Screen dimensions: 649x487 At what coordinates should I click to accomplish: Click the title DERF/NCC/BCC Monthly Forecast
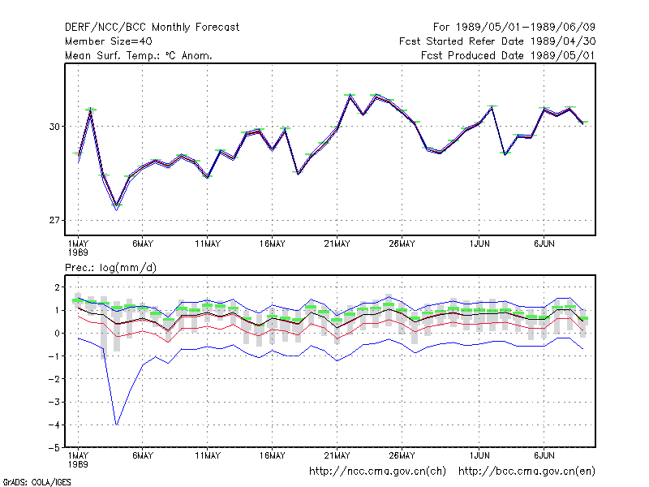(152, 28)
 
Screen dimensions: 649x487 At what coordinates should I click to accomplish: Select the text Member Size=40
(109, 41)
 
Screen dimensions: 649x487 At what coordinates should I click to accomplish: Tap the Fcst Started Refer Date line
(497, 41)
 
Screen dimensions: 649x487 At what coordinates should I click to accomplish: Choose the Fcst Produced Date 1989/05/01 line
(508, 55)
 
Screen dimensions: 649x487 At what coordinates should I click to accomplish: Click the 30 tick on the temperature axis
(54, 127)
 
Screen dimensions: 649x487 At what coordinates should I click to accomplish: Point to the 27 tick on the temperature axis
(54, 220)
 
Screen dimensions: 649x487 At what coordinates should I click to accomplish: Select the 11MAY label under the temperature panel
(208, 244)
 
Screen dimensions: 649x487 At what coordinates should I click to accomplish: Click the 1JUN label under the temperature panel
(479, 244)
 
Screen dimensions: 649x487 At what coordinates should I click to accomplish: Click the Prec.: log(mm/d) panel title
(110, 268)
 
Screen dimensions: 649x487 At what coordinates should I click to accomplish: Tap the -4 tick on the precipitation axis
(54, 425)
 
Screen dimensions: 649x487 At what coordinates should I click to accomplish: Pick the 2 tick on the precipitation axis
(57, 287)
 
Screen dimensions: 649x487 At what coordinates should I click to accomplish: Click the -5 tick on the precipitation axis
(54, 448)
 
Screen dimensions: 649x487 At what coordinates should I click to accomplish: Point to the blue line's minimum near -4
(117, 425)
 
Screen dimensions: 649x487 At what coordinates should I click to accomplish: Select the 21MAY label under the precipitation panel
(337, 455)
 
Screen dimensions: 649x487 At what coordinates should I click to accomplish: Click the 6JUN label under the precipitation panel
(544, 455)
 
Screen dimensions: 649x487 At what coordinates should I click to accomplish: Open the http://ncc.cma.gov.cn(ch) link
(377, 472)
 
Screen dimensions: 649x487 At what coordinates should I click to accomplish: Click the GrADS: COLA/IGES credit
(37, 482)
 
